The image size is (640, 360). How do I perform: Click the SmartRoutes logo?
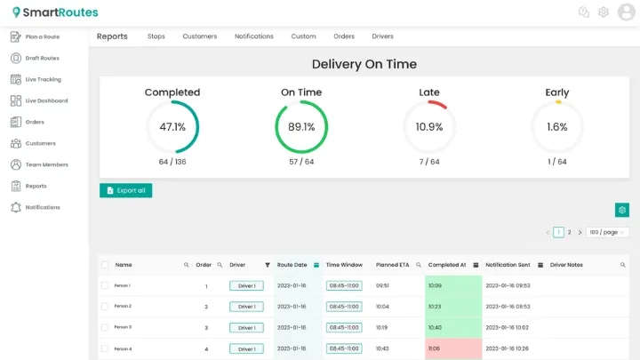tap(55, 12)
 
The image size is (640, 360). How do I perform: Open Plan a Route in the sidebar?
tap(42, 36)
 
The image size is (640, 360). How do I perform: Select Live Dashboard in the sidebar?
tap(46, 100)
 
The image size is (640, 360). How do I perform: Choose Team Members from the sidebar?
tap(46, 164)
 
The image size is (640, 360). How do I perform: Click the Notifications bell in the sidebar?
tap(16, 207)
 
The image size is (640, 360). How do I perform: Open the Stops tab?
tap(156, 36)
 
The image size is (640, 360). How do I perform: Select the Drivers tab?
tap(382, 36)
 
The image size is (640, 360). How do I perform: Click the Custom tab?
tap(303, 36)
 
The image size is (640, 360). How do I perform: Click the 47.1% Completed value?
tap(172, 127)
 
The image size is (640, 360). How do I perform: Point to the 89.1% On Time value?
tap(301, 127)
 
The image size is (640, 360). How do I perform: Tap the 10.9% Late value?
tap(429, 127)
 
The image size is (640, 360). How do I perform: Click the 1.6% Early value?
tap(557, 127)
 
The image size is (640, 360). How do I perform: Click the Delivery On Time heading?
tap(364, 64)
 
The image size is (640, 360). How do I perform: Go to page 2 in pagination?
tap(569, 232)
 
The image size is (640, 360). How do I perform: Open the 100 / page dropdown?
tap(607, 232)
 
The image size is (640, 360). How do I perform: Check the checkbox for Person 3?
tap(105, 327)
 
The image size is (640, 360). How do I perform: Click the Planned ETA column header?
tap(392, 265)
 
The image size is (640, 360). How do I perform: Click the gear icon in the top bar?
tap(604, 12)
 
